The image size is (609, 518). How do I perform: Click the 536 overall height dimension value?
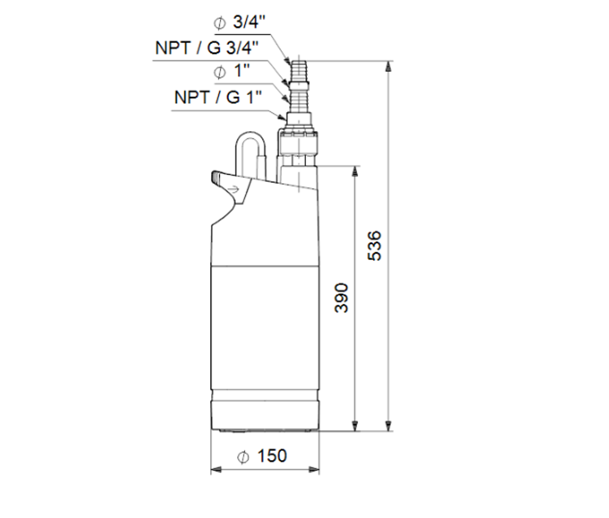click(376, 246)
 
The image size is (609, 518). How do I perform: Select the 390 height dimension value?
click(343, 298)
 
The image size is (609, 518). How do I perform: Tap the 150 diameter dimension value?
click(271, 456)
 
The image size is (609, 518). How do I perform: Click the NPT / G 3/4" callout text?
click(207, 48)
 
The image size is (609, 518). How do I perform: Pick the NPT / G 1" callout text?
click(217, 97)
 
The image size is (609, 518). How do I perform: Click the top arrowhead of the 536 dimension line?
click(389, 65)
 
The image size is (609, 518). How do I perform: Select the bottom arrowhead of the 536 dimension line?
click(389, 427)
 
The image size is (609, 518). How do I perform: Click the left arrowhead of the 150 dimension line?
click(215, 470)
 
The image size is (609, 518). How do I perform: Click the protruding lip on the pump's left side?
click(220, 179)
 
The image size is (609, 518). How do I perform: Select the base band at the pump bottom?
click(264, 416)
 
